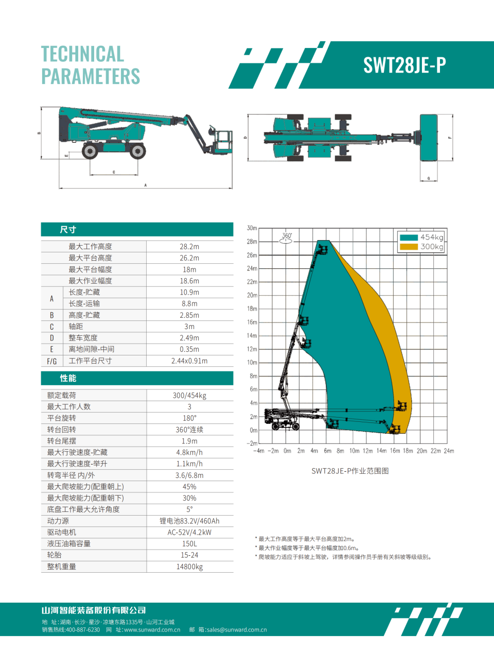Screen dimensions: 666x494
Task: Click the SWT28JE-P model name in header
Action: pos(404,65)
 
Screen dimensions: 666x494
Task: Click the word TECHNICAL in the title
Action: pos(82,54)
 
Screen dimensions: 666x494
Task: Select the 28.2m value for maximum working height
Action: pos(189,247)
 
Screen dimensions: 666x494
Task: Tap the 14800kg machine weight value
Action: pos(189,567)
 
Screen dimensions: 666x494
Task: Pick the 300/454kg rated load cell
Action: pos(189,396)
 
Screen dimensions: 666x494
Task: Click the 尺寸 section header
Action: pos(68,230)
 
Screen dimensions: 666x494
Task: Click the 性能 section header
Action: pos(68,378)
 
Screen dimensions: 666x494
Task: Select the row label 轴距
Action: pos(76,327)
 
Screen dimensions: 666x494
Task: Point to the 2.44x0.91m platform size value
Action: pos(189,361)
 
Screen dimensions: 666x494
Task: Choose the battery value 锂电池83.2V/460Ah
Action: pos(189,521)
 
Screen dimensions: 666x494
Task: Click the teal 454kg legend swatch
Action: pos(409,237)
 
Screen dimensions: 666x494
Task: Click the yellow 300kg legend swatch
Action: pos(409,247)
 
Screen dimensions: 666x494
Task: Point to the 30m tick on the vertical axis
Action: pos(252,228)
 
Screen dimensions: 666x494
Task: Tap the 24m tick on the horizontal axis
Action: pos(449,451)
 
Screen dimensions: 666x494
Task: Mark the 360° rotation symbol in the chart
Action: pos(286,238)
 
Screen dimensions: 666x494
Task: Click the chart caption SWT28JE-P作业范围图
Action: pos(350,471)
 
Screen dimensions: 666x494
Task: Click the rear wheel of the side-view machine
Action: pos(91,151)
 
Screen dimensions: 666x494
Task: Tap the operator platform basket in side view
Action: pos(223,142)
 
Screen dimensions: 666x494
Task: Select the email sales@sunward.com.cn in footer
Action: pos(237,629)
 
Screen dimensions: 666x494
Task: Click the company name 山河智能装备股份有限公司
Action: pos(94,610)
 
